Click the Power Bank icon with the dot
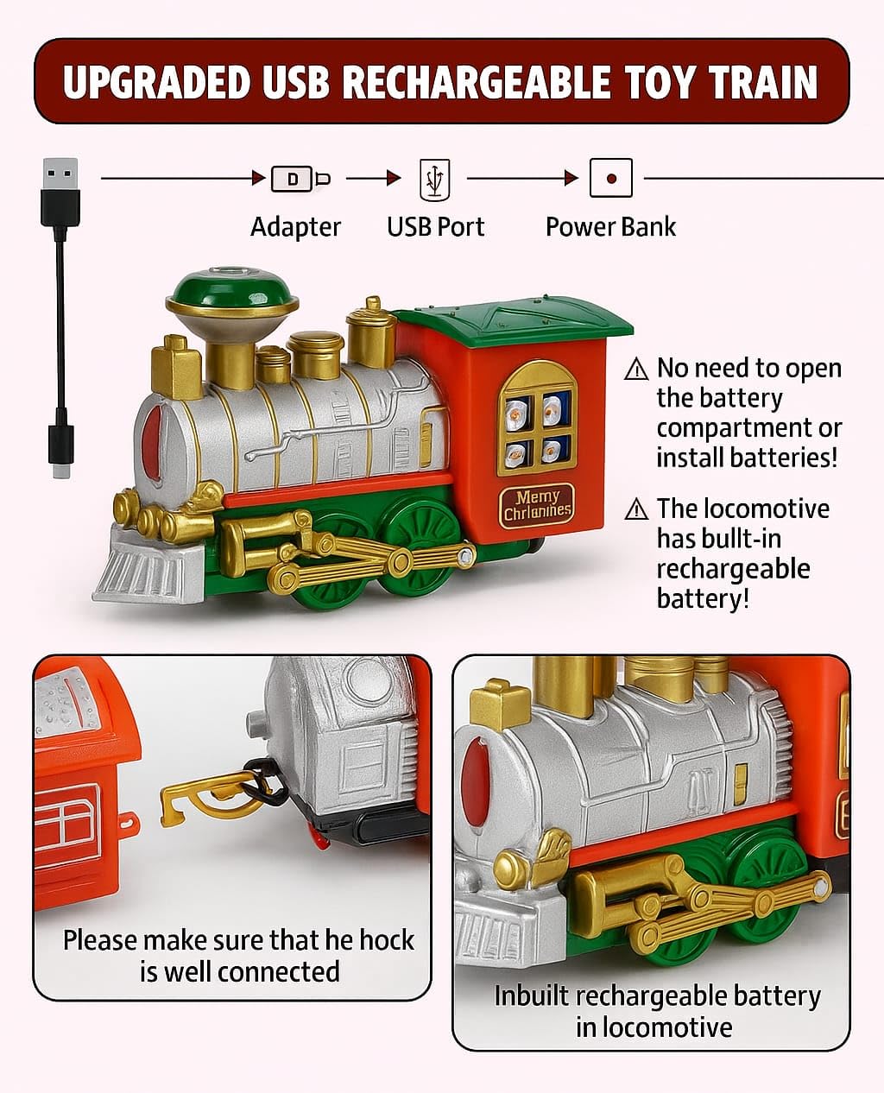(611, 179)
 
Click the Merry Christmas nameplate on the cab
(537, 504)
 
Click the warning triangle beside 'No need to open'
(636, 370)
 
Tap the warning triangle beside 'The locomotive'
(636, 509)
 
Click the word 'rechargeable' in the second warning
(733, 569)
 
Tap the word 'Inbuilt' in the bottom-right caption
(531, 995)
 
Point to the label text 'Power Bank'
(610, 227)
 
